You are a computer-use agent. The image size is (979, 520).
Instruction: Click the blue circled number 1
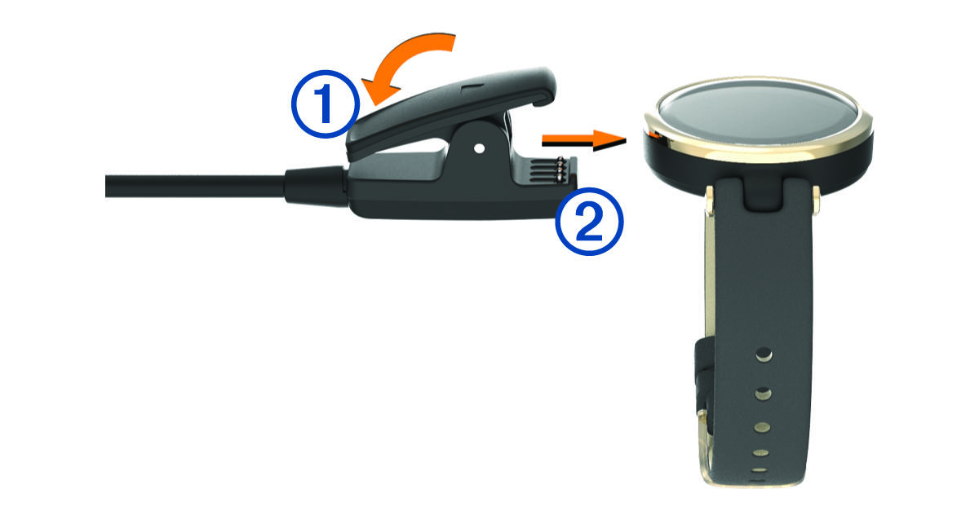pos(326,104)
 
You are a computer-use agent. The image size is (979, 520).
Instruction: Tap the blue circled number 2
pos(589,222)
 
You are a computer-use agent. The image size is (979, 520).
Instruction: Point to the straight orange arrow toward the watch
pos(584,139)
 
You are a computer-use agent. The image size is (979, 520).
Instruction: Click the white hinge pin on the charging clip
pos(479,148)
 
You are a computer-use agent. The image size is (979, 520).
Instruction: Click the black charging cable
pos(195,187)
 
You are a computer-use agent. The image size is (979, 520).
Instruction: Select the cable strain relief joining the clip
pos(316,187)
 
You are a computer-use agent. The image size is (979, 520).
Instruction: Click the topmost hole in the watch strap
pos(764,354)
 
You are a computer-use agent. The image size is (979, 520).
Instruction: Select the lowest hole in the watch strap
pos(760,470)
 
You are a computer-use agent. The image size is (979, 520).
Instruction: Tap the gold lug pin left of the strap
pos(709,201)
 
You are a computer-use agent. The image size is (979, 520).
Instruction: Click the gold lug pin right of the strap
pos(816,201)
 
